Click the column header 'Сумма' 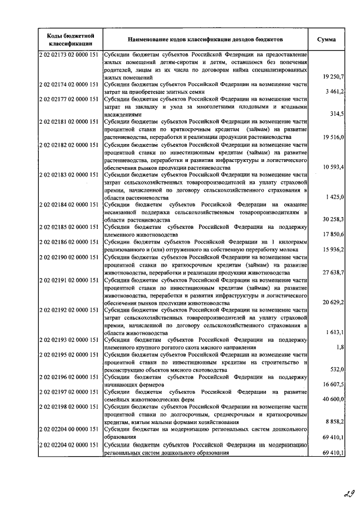pyautogui.click(x=327, y=39)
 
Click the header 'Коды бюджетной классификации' pyautogui.click(x=70, y=39)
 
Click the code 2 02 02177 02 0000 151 pyautogui.click(x=70, y=98)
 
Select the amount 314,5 pyautogui.click(x=337, y=114)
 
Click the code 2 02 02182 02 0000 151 pyautogui.click(x=70, y=145)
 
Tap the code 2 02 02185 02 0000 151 pyautogui.click(x=70, y=227)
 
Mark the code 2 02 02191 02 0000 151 pyautogui.click(x=70, y=280)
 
